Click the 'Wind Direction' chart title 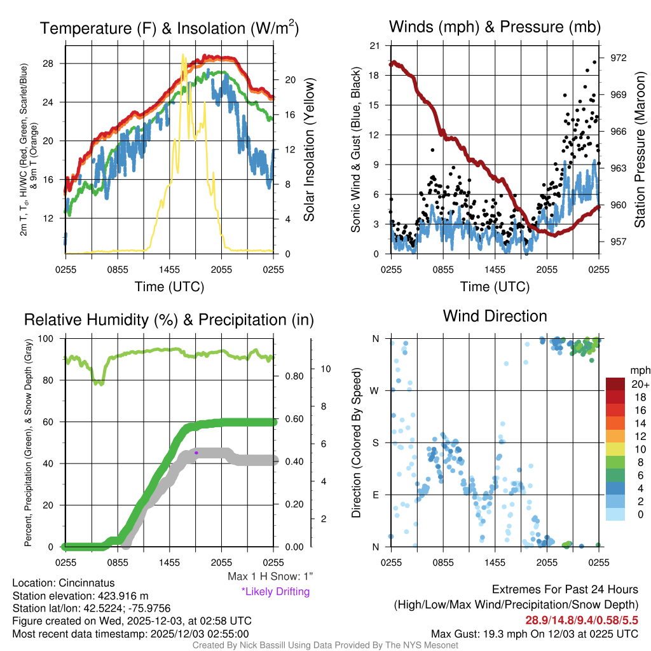pos(495,316)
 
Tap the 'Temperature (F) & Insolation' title pos(169,29)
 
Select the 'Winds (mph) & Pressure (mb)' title pos(495,27)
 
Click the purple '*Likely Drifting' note pos(275,591)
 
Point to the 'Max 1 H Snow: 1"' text pos(270,577)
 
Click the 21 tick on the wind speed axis pos(374,46)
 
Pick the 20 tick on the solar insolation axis pos(291,80)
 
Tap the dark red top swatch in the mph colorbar pos(616,384)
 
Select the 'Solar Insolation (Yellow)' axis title pos(310,150)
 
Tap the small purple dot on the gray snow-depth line pos(196,453)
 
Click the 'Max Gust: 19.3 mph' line pos(534,633)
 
